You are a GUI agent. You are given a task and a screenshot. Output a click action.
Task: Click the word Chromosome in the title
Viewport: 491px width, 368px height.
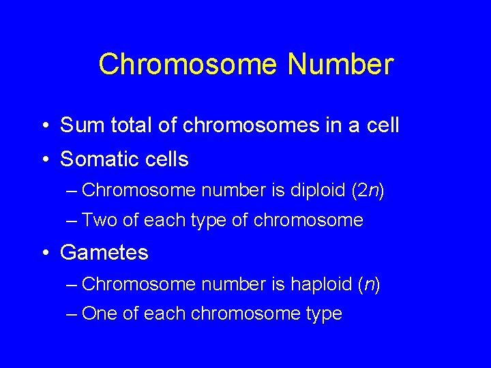[x=188, y=65]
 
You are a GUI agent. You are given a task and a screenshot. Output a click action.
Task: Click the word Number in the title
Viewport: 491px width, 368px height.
[x=340, y=65]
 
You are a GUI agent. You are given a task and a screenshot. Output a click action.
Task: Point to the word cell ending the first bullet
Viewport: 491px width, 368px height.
[x=383, y=125]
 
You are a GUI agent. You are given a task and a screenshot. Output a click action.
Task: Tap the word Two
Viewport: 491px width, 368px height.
[x=100, y=220]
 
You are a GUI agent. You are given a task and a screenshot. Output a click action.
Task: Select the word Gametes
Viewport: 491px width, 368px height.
[x=104, y=253]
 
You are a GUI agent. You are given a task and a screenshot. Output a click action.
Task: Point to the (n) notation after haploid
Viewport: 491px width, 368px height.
[x=368, y=283]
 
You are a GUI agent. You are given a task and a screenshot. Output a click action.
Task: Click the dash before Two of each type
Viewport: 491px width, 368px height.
[x=72, y=220]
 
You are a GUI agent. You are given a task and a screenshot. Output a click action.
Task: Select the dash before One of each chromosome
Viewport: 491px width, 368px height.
[x=72, y=313]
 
